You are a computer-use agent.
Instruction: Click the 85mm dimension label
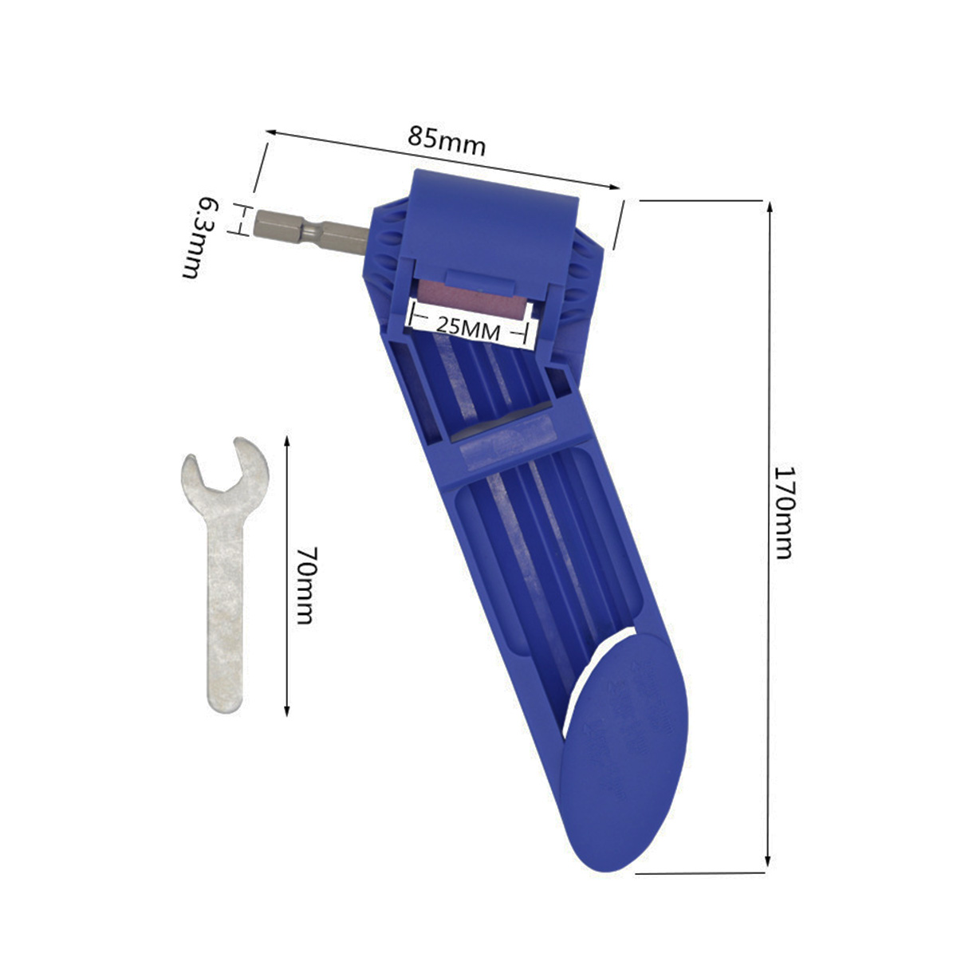tap(447, 141)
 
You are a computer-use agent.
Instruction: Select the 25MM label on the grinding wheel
tap(468, 328)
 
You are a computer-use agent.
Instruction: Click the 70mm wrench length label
tap(304, 585)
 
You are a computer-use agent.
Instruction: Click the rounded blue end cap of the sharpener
tap(622, 758)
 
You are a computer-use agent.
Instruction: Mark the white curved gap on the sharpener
tap(590, 670)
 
